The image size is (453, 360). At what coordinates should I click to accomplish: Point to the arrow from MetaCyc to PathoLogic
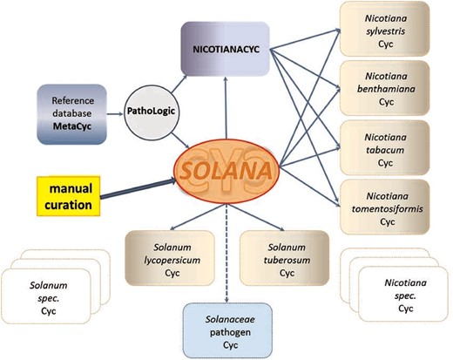tap(115, 112)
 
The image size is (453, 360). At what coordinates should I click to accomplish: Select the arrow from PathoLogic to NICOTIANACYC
tap(173, 79)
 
